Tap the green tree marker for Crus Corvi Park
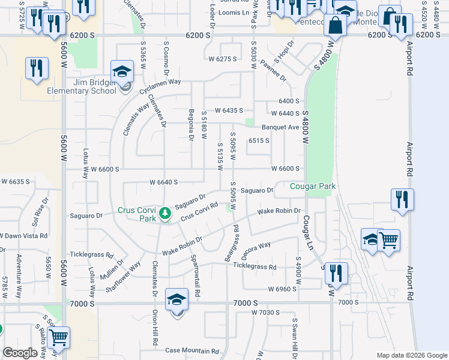(164, 213)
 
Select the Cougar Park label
(312, 186)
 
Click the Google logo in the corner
(19, 353)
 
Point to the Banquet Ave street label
(280, 127)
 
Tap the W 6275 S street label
(223, 59)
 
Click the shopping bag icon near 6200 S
(336, 26)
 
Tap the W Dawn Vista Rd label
(24, 236)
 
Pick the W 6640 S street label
(164, 182)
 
